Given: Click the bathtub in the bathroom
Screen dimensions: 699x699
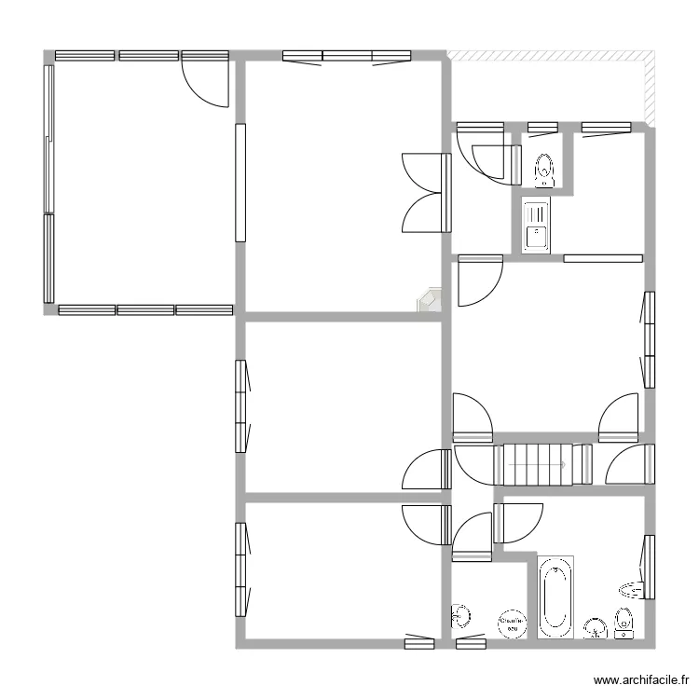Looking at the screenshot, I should [x=555, y=596].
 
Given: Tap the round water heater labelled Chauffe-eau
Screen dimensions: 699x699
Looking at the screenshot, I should [x=511, y=623].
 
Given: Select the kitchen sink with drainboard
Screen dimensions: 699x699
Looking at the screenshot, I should [x=536, y=226].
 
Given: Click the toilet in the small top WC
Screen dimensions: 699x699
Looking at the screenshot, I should [x=544, y=169].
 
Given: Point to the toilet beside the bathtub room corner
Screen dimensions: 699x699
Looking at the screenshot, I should [x=624, y=623].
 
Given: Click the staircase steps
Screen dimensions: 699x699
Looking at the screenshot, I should [x=535, y=464].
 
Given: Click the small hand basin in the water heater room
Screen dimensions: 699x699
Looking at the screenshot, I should [x=460, y=615].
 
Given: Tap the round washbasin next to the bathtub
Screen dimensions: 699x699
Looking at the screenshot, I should [x=594, y=628].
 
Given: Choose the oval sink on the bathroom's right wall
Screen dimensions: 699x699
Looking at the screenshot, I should [x=633, y=587].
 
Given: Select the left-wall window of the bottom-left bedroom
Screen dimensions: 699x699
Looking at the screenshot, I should [x=240, y=569].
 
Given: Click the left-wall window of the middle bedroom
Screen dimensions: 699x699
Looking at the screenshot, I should [x=240, y=405].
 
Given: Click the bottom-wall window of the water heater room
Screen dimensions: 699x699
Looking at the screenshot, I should [x=471, y=642].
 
